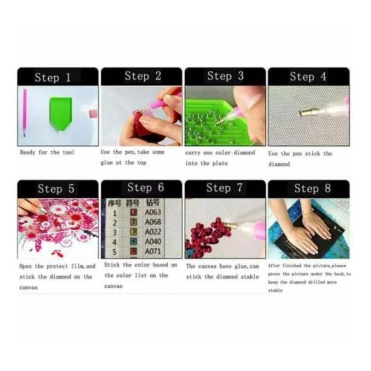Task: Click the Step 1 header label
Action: click(x=53, y=77)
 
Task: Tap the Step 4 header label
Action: click(x=308, y=77)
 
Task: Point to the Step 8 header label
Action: click(x=312, y=189)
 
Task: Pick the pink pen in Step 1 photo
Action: click(x=25, y=112)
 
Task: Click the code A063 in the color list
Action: click(x=153, y=212)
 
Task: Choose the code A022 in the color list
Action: click(x=153, y=232)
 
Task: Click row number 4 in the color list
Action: click(x=114, y=242)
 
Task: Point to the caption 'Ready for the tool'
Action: click(x=47, y=152)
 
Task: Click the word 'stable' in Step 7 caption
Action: click(x=247, y=277)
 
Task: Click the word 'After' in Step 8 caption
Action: click(x=274, y=265)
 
